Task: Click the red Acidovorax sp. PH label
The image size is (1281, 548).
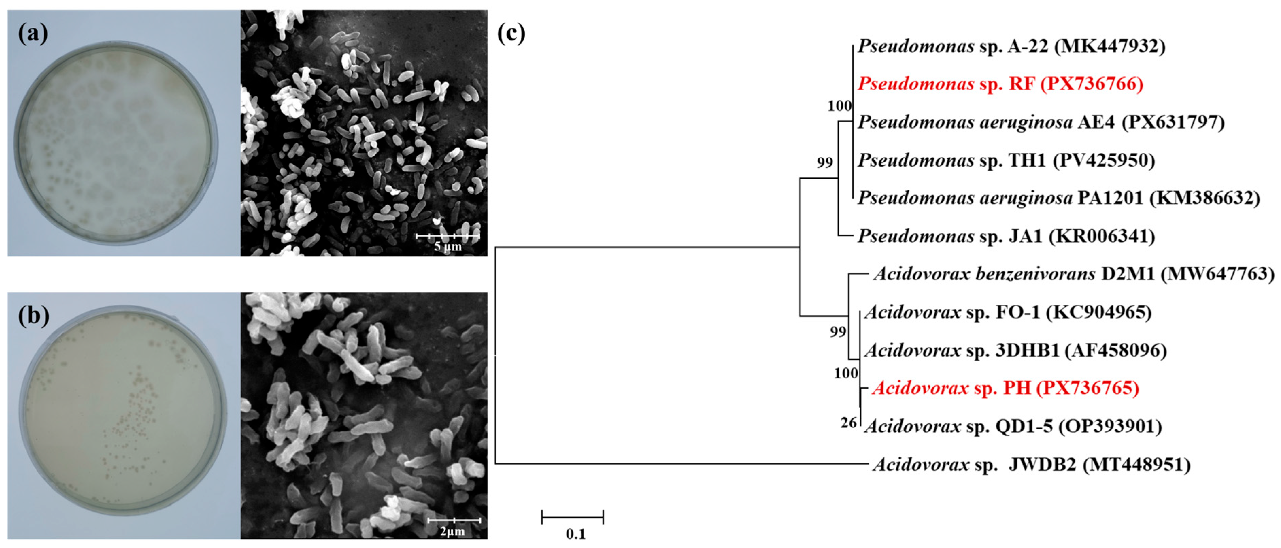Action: pyautogui.click(x=1005, y=388)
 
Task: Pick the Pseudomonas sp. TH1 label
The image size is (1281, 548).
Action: pyautogui.click(x=1006, y=160)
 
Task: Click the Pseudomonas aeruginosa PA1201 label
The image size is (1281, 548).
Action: pyautogui.click(x=1059, y=198)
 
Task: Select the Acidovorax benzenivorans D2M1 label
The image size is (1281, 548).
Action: pyautogui.click(x=1074, y=274)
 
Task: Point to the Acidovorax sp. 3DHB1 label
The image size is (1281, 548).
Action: pyautogui.click(x=1015, y=350)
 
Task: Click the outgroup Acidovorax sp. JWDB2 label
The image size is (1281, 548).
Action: pyautogui.click(x=1031, y=464)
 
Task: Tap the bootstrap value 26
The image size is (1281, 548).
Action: pyautogui.click(x=849, y=423)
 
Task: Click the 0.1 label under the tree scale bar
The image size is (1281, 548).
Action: pyautogui.click(x=575, y=534)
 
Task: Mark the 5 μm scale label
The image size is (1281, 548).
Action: pyautogui.click(x=448, y=246)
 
